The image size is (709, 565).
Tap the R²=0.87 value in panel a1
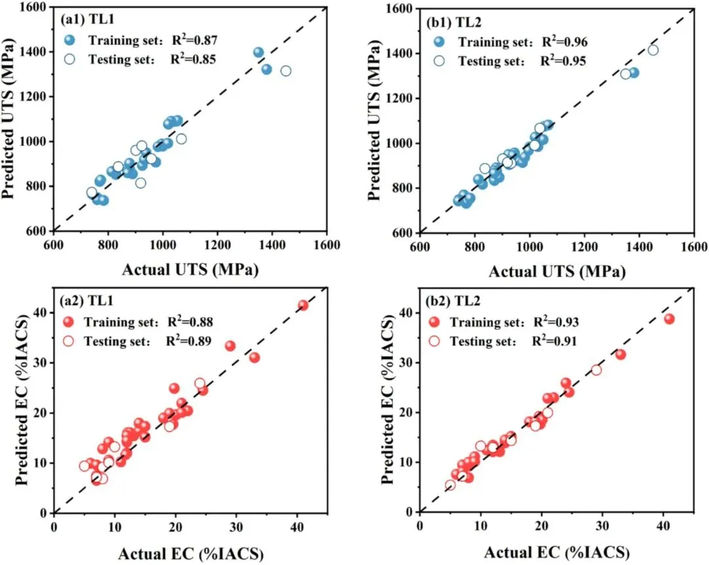(194, 41)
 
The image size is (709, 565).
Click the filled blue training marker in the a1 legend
(69, 41)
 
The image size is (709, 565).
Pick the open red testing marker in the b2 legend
(437, 341)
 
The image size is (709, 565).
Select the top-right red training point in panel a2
(303, 305)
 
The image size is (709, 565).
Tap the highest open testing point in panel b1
(653, 50)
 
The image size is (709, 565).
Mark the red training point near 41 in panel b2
(669, 319)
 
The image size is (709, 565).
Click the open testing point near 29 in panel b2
(596, 370)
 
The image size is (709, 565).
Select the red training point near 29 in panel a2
(230, 346)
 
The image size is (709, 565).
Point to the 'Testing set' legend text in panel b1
(488, 62)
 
